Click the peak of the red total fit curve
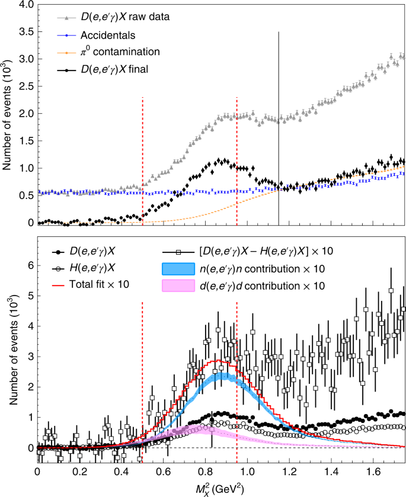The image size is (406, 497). tap(218, 361)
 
